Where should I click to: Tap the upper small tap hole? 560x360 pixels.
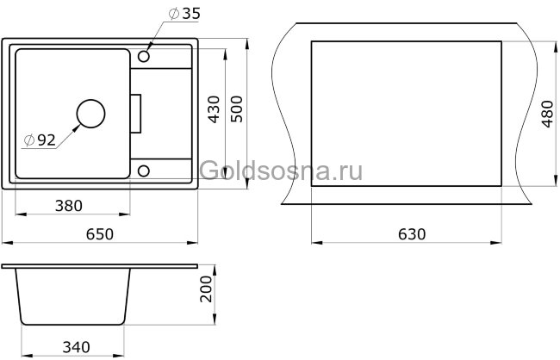coord(144,58)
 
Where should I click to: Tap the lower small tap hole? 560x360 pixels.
coord(144,169)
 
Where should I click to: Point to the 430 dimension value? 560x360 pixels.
coord(215,109)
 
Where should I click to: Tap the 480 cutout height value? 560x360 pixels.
coord(544,110)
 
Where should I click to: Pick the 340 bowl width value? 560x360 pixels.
coord(75,347)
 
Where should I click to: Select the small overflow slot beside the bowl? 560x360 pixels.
coord(134,113)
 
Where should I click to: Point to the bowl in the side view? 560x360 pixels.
coord(74,297)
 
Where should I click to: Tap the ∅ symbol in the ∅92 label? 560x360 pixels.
coord(28,140)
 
